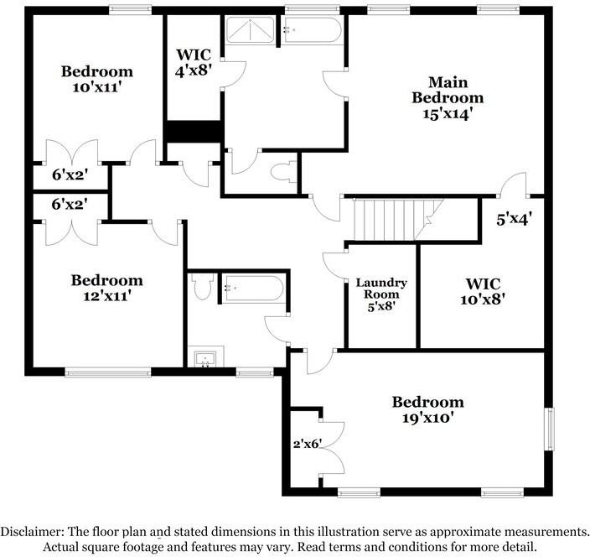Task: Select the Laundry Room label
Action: (381, 289)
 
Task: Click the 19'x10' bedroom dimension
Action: (427, 417)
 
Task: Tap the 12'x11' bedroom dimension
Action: (106, 295)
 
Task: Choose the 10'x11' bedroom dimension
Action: (97, 86)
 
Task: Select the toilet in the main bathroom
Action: (282, 170)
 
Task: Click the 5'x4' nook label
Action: (514, 220)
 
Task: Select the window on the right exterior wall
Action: (550, 428)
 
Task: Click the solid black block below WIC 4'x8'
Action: (192, 132)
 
